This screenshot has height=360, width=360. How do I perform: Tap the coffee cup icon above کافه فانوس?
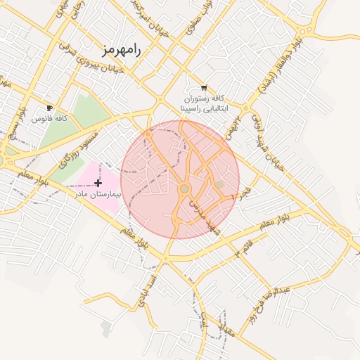49,108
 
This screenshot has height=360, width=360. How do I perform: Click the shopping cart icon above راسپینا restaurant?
204,88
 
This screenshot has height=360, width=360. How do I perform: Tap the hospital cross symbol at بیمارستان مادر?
97,183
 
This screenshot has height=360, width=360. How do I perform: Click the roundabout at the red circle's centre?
184,189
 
